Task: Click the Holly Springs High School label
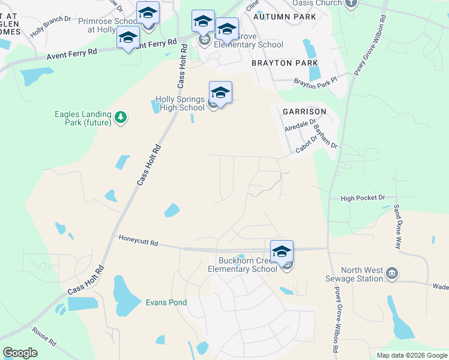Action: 180,103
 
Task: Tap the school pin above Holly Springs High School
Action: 220,93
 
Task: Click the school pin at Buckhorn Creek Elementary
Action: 282,252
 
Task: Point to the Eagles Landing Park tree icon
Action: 121,116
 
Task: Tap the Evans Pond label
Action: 166,303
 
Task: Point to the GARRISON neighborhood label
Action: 304,112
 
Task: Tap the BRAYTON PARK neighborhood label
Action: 285,63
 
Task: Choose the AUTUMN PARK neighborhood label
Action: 284,17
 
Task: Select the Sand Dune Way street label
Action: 397,226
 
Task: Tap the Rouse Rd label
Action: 44,336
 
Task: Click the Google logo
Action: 20,353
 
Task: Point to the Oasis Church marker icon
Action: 352,3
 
